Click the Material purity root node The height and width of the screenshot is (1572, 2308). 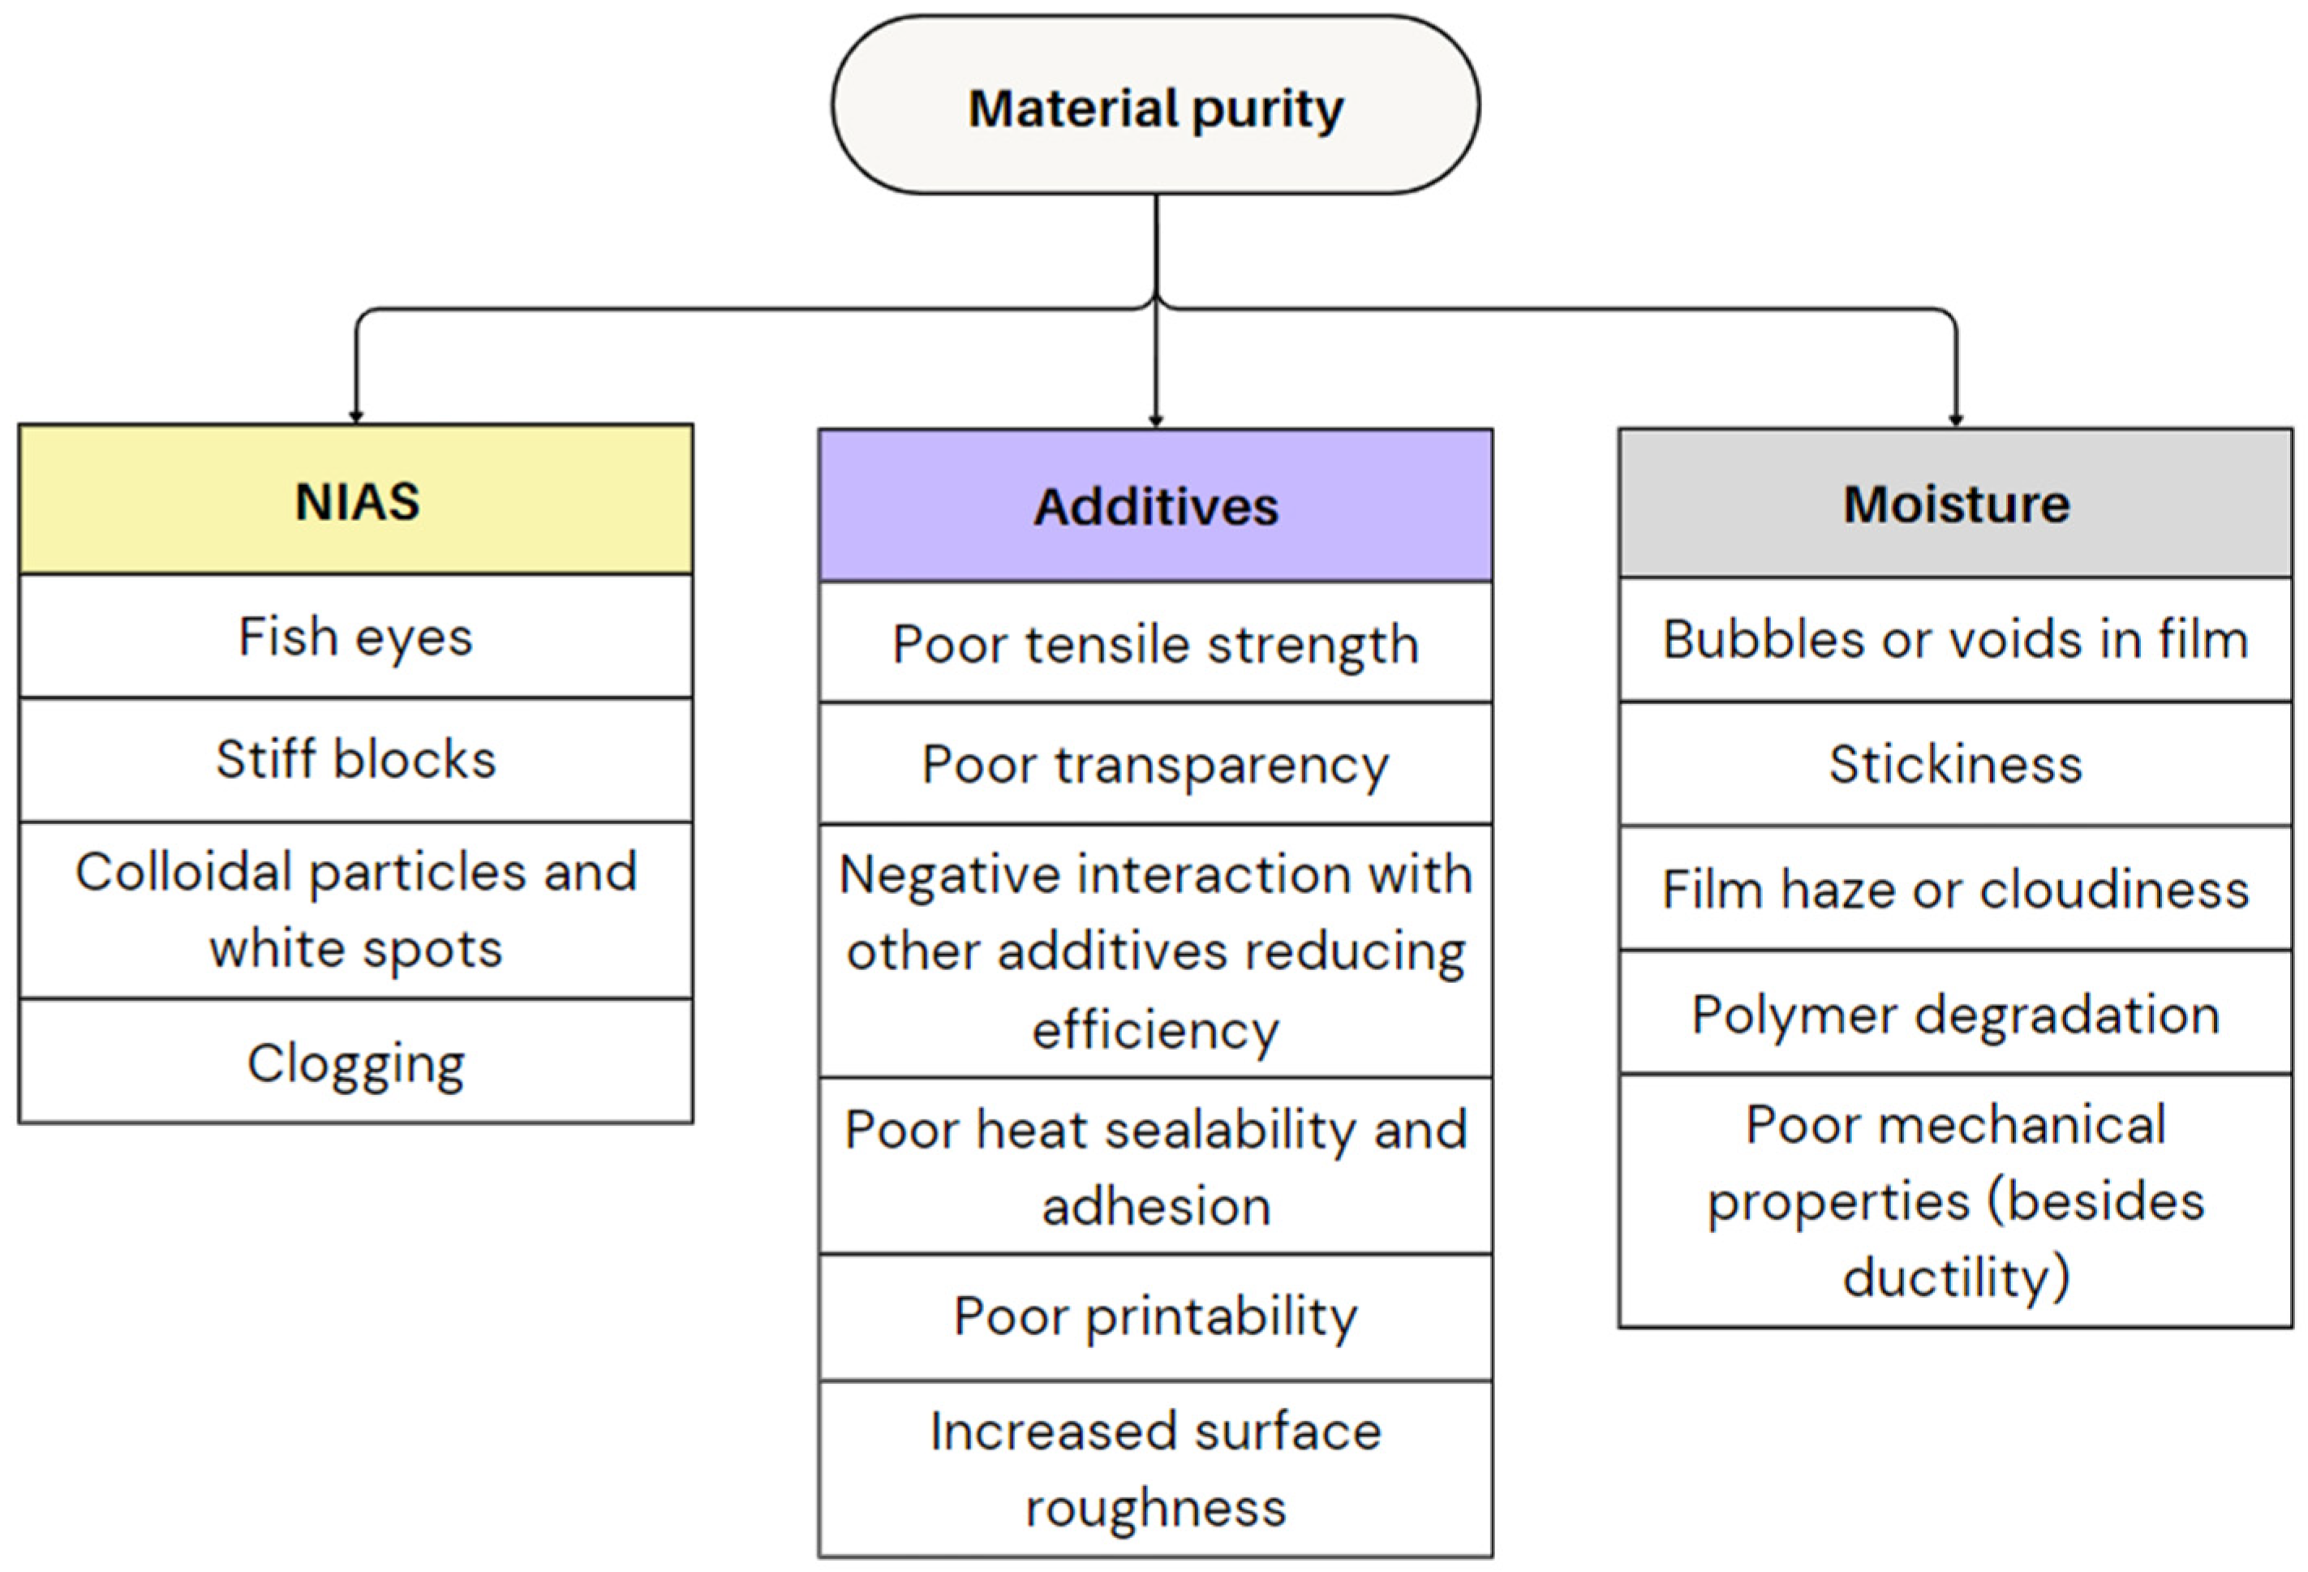(x=1155, y=105)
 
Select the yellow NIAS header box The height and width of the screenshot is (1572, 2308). (x=355, y=500)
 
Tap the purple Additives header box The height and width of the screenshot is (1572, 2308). (x=1155, y=505)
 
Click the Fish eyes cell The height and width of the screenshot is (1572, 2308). (x=355, y=637)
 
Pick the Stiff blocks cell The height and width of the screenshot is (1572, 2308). (x=355, y=760)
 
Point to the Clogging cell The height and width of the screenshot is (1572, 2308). (x=355, y=1063)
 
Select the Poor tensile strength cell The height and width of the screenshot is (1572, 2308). (x=1155, y=643)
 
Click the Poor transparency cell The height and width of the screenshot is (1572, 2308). (x=1155, y=765)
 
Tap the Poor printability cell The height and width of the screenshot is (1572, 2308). (x=1155, y=1316)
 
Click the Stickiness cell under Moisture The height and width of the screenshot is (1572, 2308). (x=1954, y=763)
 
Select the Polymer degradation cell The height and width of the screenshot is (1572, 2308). (x=1954, y=1014)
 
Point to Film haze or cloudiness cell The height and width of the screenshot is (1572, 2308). (x=1954, y=889)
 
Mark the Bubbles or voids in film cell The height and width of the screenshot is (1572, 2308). (x=1954, y=638)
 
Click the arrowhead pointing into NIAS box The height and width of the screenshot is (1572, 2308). (x=355, y=416)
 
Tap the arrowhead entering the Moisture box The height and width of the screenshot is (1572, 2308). (x=1955, y=420)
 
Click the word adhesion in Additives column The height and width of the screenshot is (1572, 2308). (x=1156, y=1206)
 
